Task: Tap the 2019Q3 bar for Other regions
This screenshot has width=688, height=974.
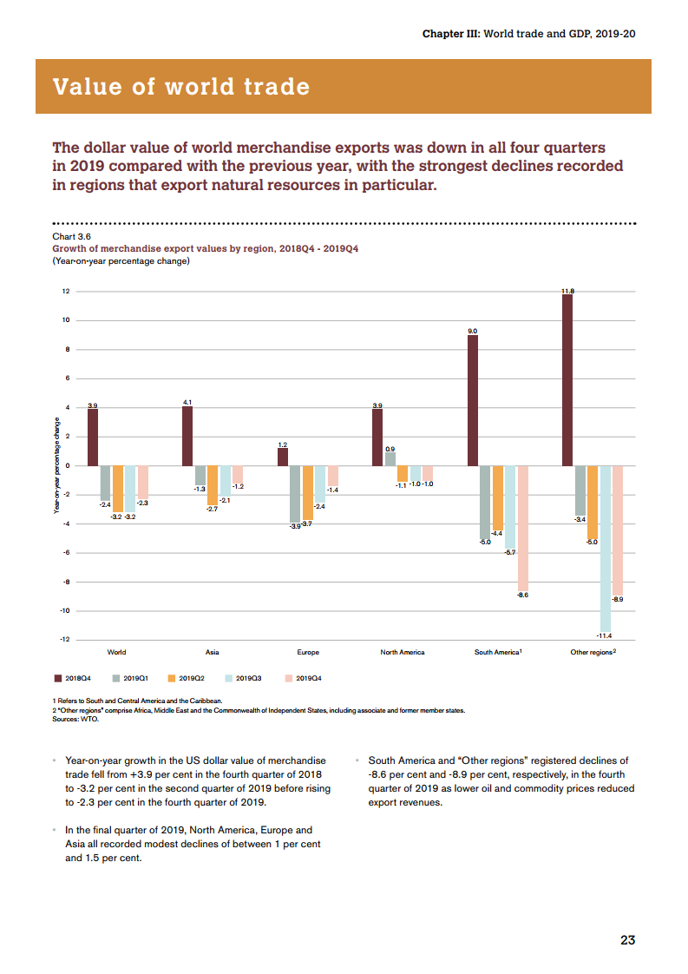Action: pyautogui.click(x=605, y=549)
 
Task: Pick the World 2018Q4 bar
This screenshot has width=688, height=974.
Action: pyautogui.click(x=93, y=437)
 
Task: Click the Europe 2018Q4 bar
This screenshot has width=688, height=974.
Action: pyautogui.click(x=283, y=457)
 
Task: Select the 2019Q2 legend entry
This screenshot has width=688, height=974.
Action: pyautogui.click(x=186, y=678)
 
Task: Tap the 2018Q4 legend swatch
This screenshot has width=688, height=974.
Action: pyautogui.click(x=58, y=678)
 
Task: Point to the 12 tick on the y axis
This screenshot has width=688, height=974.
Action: pyautogui.click(x=65, y=291)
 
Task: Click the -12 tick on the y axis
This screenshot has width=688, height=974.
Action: pyautogui.click(x=64, y=640)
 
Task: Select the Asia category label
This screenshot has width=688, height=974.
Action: pyautogui.click(x=212, y=652)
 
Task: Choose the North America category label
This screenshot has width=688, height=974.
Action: pyautogui.click(x=403, y=652)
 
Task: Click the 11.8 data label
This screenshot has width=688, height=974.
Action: pyautogui.click(x=567, y=290)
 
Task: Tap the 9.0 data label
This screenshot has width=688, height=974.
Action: pyautogui.click(x=473, y=331)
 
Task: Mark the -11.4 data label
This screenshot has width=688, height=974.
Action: pyautogui.click(x=605, y=636)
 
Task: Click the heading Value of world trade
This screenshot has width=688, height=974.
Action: pyautogui.click(x=181, y=87)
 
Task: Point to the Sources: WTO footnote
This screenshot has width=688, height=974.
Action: pyautogui.click(x=75, y=720)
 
